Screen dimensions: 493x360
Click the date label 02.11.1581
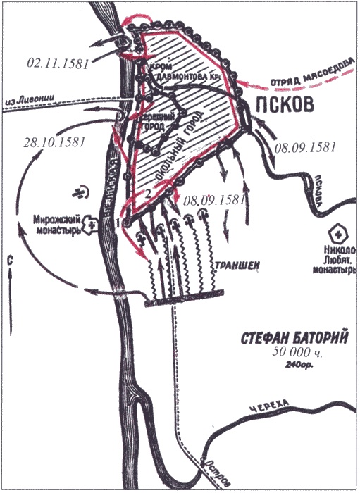(57, 64)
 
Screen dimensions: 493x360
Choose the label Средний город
(156, 123)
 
